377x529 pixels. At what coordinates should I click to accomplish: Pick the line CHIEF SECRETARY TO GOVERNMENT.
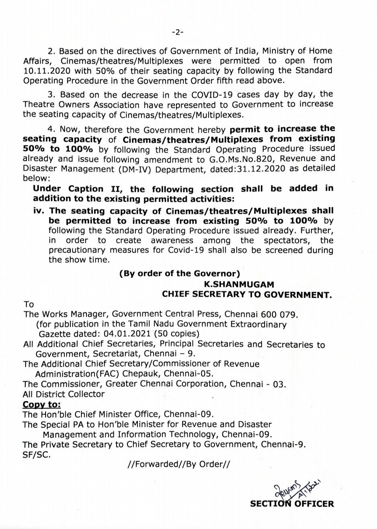pos(247,295)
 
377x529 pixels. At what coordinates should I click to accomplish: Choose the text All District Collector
pos(64,394)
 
